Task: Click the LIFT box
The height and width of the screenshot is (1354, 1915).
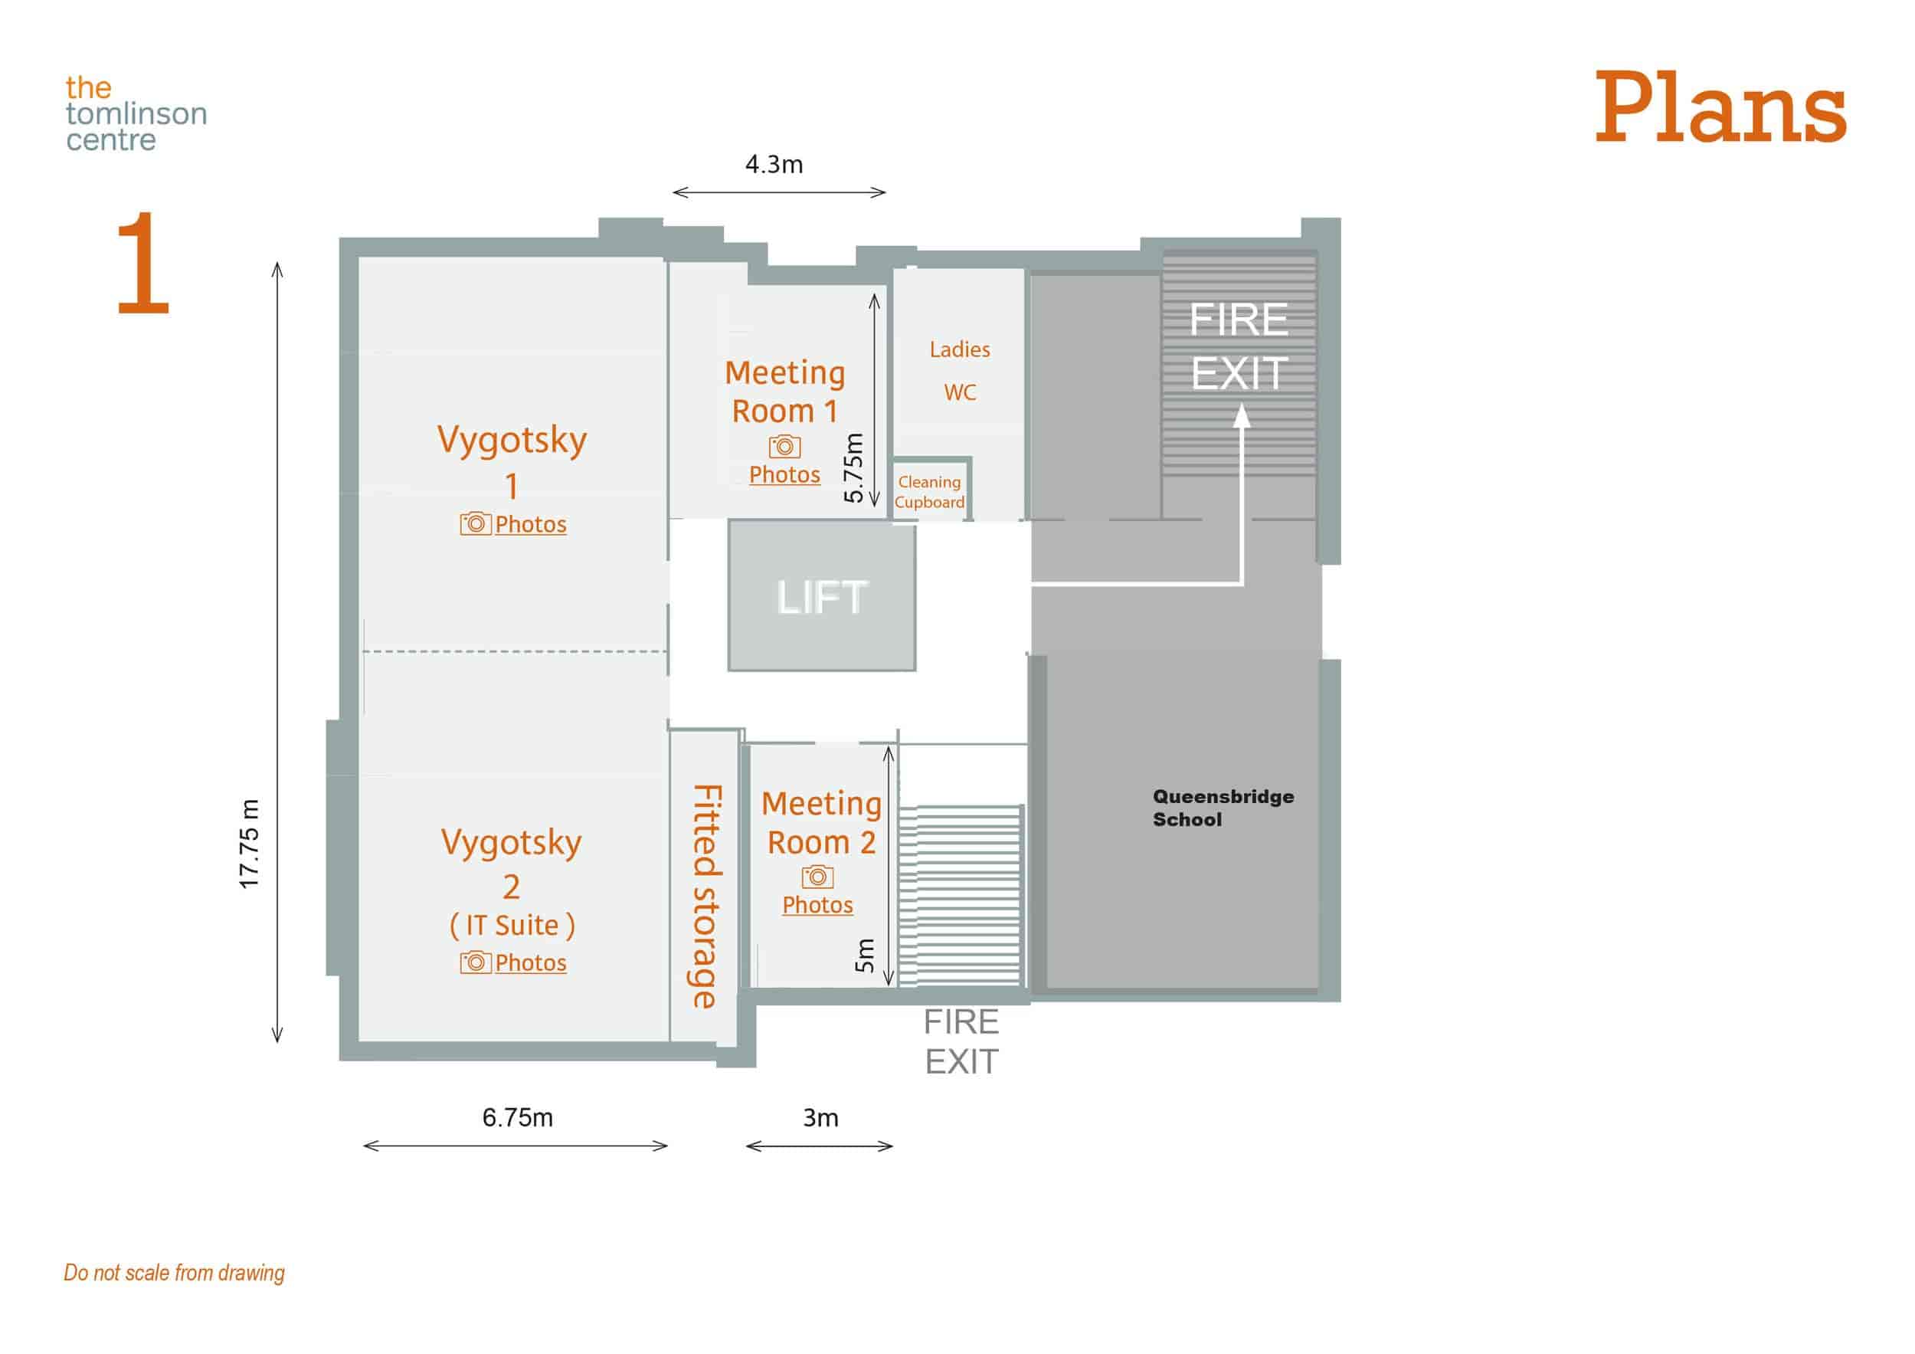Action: [822, 595]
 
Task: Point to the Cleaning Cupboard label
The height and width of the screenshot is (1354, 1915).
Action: [929, 492]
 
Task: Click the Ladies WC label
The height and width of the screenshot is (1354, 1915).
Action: [960, 370]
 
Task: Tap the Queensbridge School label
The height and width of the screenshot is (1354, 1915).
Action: [1223, 808]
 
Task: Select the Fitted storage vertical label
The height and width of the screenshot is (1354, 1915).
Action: [705, 896]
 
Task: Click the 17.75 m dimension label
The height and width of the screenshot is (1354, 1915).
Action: [250, 844]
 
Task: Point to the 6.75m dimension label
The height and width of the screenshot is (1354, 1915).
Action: [517, 1117]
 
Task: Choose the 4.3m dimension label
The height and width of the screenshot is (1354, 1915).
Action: [774, 164]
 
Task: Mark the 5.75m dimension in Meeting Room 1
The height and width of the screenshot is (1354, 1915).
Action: [853, 468]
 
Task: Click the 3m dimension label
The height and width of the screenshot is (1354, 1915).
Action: [820, 1118]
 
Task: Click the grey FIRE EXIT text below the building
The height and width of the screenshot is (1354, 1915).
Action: [961, 1041]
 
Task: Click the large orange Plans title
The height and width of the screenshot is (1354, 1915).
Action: [1720, 109]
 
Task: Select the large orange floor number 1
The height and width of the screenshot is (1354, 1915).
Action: [142, 263]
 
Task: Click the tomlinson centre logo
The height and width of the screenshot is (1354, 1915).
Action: [136, 113]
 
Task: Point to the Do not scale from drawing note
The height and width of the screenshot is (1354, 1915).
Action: [175, 1272]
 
